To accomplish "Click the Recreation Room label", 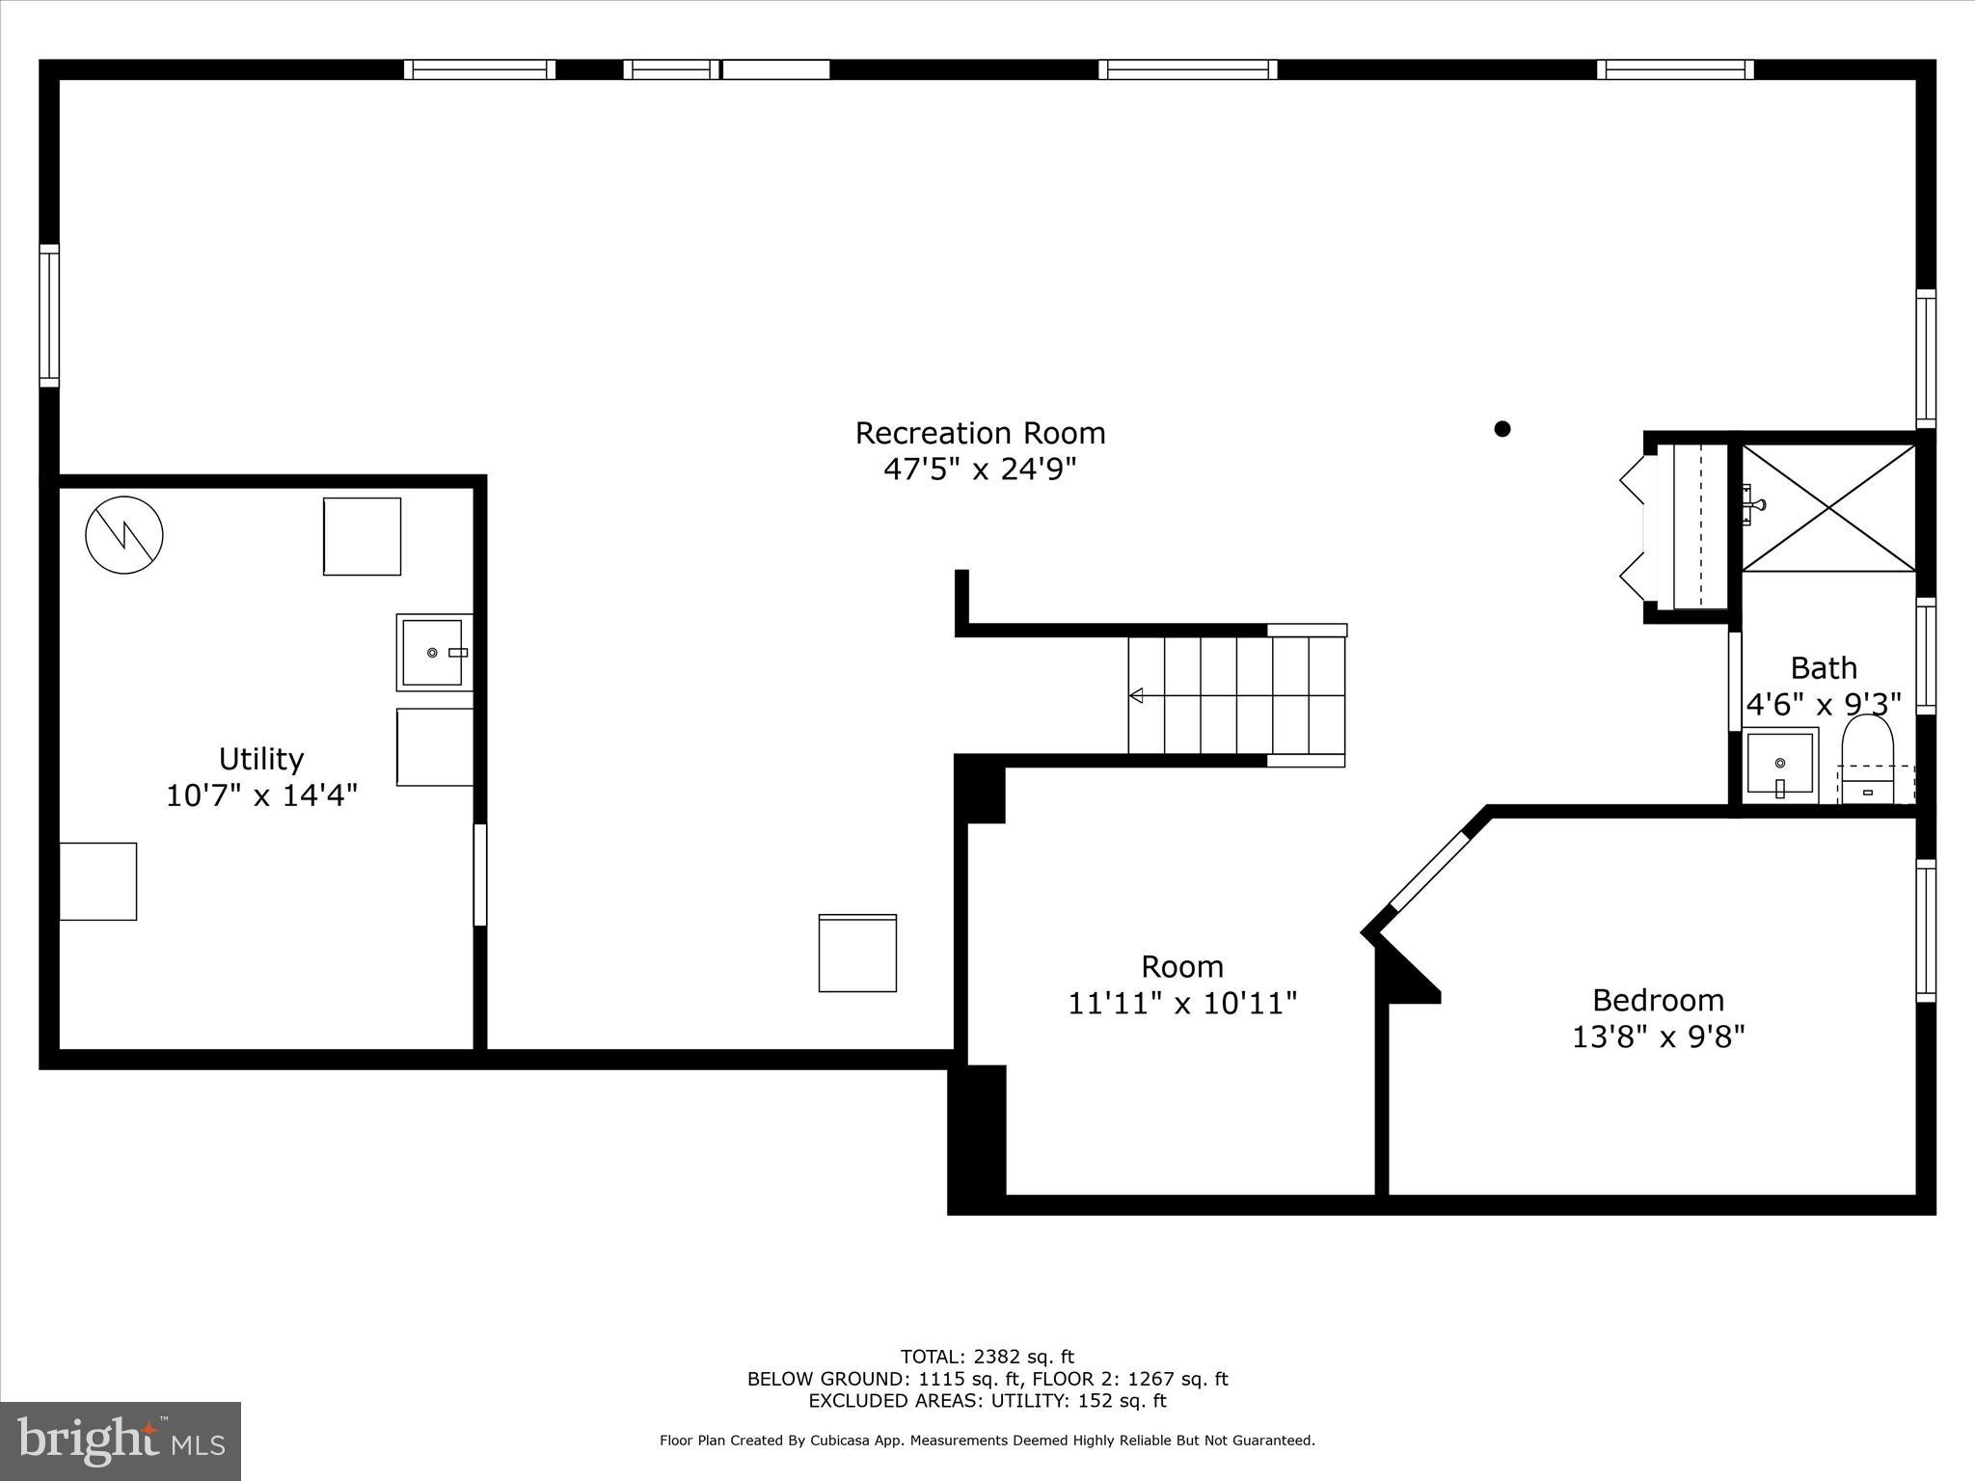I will (980, 433).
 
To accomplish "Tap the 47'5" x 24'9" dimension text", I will (980, 470).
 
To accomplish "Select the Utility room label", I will (261, 759).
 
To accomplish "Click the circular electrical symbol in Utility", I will (124, 535).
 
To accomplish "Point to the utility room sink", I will (433, 653).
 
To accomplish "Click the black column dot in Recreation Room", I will (1502, 429).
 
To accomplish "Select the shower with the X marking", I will (1828, 507).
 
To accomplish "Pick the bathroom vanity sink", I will (1779, 766).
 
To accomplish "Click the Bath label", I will (1824, 668).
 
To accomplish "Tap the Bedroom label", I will (1658, 1000).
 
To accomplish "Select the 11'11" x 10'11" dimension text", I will (1182, 1004).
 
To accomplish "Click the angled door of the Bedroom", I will (1429, 872).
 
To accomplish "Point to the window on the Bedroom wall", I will (1925, 930).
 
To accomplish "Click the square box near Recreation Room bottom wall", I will (857, 953).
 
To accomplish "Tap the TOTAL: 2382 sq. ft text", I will (987, 1358).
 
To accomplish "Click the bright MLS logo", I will (121, 1441).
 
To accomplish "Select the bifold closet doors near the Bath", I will (1637, 527).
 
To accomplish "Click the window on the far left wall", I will (49, 316).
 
